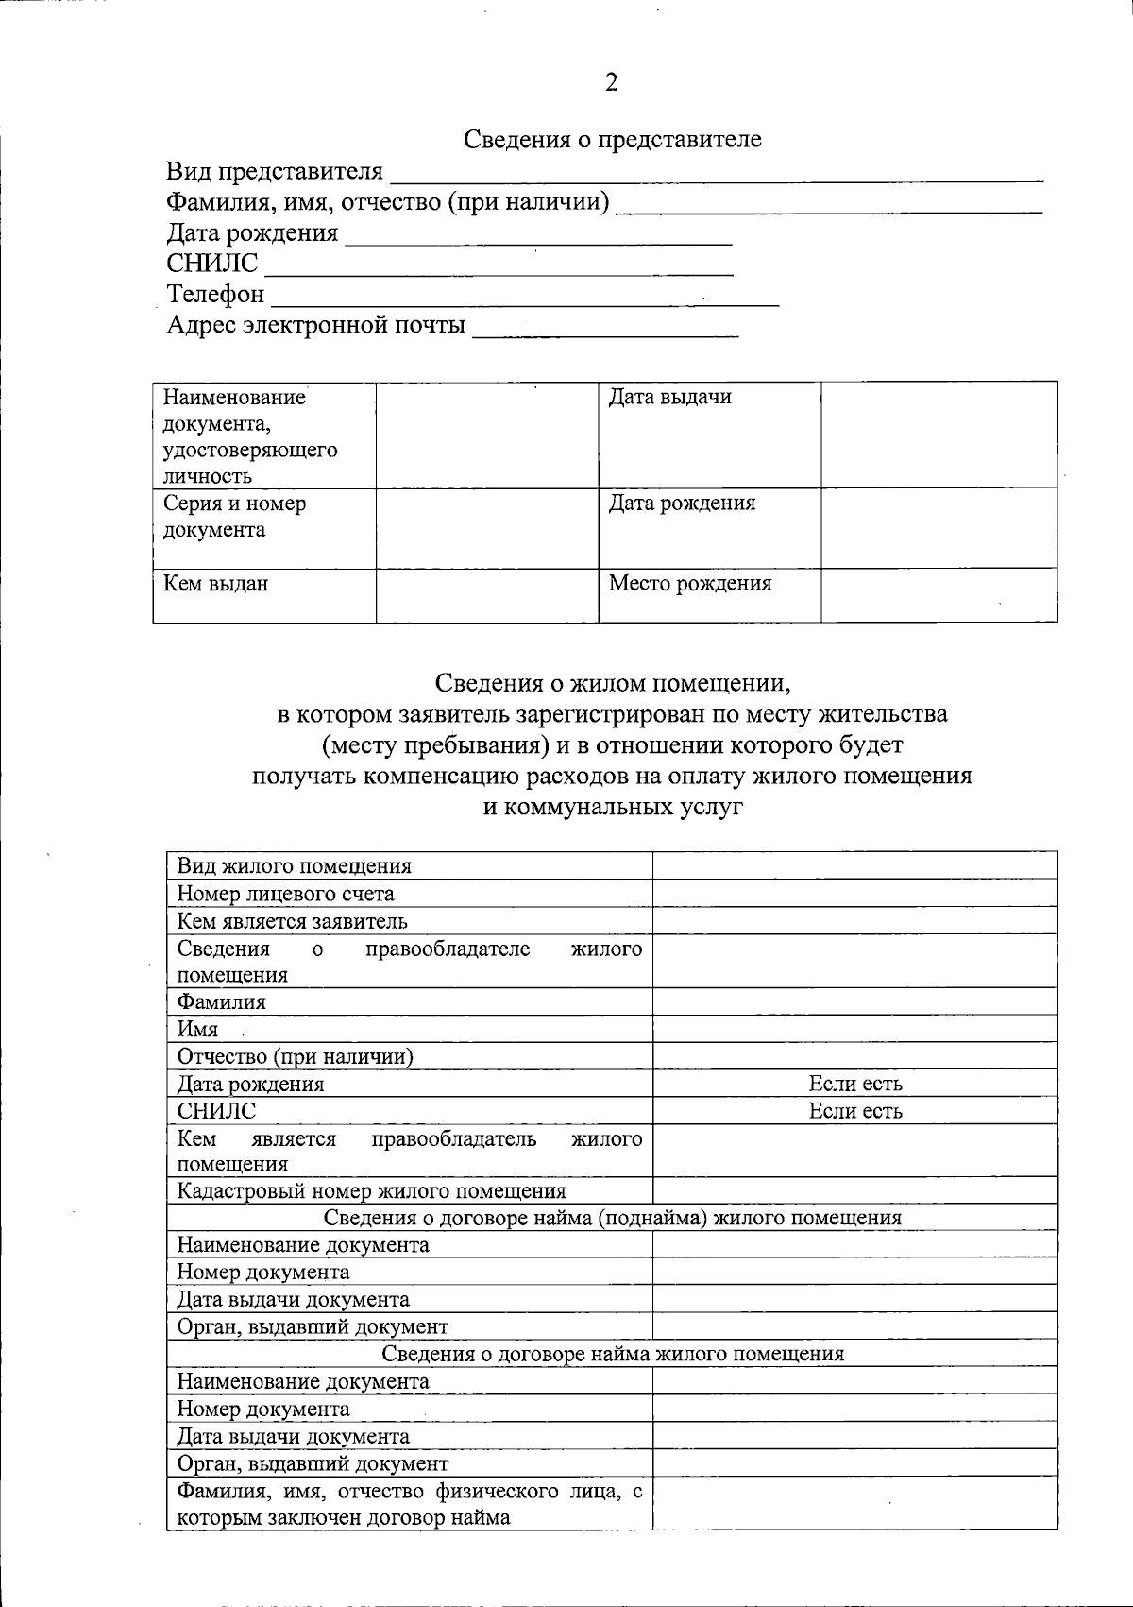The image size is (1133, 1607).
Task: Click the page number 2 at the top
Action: pyautogui.click(x=611, y=83)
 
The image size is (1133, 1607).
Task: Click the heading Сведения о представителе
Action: pyautogui.click(x=612, y=140)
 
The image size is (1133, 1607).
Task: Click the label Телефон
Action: pyautogui.click(x=216, y=294)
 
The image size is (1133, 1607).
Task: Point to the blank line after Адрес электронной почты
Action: pyautogui.click(x=604, y=328)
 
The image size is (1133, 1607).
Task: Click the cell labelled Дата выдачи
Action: pyautogui.click(x=669, y=397)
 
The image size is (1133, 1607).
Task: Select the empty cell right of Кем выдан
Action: pyautogui.click(x=487, y=595)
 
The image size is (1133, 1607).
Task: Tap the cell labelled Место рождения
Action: pyautogui.click(x=689, y=583)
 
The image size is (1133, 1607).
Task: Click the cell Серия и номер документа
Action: pyautogui.click(x=234, y=516)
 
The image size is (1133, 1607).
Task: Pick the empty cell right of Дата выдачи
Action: pyautogui.click(x=939, y=435)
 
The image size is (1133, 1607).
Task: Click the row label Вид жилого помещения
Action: pyautogui.click(x=295, y=865)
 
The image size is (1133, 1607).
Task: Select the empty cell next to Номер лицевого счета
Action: pyautogui.click(x=854, y=894)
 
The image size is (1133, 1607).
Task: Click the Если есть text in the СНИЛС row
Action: pyautogui.click(x=854, y=1111)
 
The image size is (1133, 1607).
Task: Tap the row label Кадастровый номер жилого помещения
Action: pyautogui.click(x=371, y=1190)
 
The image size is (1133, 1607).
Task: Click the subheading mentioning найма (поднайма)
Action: pyautogui.click(x=612, y=1218)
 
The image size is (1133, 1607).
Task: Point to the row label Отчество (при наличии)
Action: pyautogui.click(x=296, y=1056)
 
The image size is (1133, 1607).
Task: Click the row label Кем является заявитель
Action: pyautogui.click(x=293, y=921)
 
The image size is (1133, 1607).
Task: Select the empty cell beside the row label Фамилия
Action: pyautogui.click(x=854, y=1001)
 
